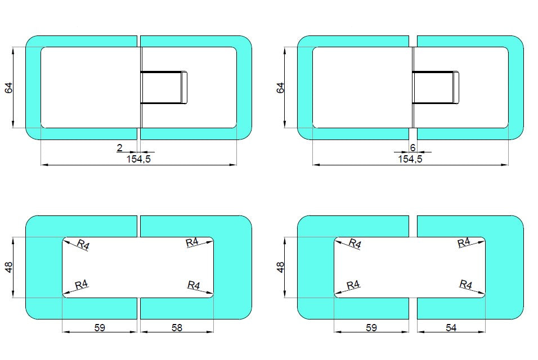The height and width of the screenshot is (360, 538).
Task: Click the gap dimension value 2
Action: pyautogui.click(x=119, y=148)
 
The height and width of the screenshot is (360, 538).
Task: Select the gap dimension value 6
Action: pyautogui.click(x=413, y=148)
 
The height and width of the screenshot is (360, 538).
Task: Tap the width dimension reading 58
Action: pyautogui.click(x=177, y=327)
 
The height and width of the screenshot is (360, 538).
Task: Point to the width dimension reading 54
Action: pyautogui.click(x=451, y=327)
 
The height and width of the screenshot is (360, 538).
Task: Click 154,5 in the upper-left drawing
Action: pyautogui.click(x=138, y=159)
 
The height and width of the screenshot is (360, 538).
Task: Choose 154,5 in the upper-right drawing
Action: pyautogui.click(x=410, y=159)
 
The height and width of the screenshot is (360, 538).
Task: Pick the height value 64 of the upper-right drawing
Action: pyautogui.click(x=281, y=88)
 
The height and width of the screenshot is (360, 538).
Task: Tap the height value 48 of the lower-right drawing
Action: pyautogui.click(x=281, y=267)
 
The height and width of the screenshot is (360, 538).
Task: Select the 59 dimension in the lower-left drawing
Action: pyautogui.click(x=100, y=327)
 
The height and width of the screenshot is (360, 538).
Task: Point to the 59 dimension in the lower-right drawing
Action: pyautogui.click(x=371, y=327)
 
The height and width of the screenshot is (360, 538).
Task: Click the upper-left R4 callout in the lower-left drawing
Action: pyautogui.click(x=83, y=244)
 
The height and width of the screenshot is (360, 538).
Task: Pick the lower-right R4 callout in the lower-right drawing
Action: pyautogui.click(x=465, y=284)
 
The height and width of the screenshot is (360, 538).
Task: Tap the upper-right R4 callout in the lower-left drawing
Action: pyautogui.click(x=192, y=242)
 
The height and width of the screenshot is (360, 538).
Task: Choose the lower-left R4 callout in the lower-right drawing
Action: pyautogui.click(x=353, y=285)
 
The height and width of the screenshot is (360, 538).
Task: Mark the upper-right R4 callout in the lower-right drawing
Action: pyautogui.click(x=464, y=242)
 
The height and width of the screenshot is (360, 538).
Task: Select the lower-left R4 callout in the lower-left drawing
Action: pyautogui.click(x=82, y=285)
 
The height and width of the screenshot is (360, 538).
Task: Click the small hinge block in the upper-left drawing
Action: pyautogui.click(x=164, y=88)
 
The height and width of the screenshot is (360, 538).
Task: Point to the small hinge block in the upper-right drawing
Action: pyautogui.click(x=436, y=88)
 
